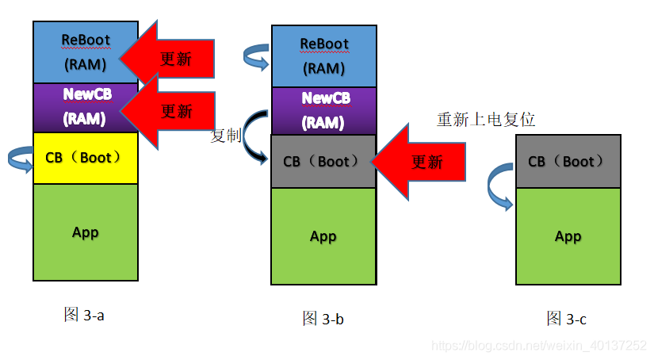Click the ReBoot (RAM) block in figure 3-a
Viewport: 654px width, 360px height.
(86, 52)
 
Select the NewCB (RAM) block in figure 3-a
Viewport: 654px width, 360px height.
(86, 107)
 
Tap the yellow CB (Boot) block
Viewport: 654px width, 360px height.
(86, 158)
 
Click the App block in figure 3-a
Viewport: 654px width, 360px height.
(86, 232)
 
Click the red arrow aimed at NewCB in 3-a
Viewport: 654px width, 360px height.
(170, 110)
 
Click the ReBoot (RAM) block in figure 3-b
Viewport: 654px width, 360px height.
(323, 56)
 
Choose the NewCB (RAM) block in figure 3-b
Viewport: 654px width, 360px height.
(323, 110)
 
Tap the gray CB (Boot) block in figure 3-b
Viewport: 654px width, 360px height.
(323, 161)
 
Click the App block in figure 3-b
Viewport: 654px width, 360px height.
(323, 236)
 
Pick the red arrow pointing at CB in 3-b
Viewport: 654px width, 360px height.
(420, 162)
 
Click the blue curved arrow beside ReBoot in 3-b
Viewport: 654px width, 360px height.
(256, 57)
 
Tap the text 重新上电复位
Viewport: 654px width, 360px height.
(486, 120)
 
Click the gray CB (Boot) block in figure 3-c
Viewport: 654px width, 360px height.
(568, 161)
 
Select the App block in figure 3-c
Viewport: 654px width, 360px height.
(568, 236)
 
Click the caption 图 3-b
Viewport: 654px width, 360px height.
(323, 319)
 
